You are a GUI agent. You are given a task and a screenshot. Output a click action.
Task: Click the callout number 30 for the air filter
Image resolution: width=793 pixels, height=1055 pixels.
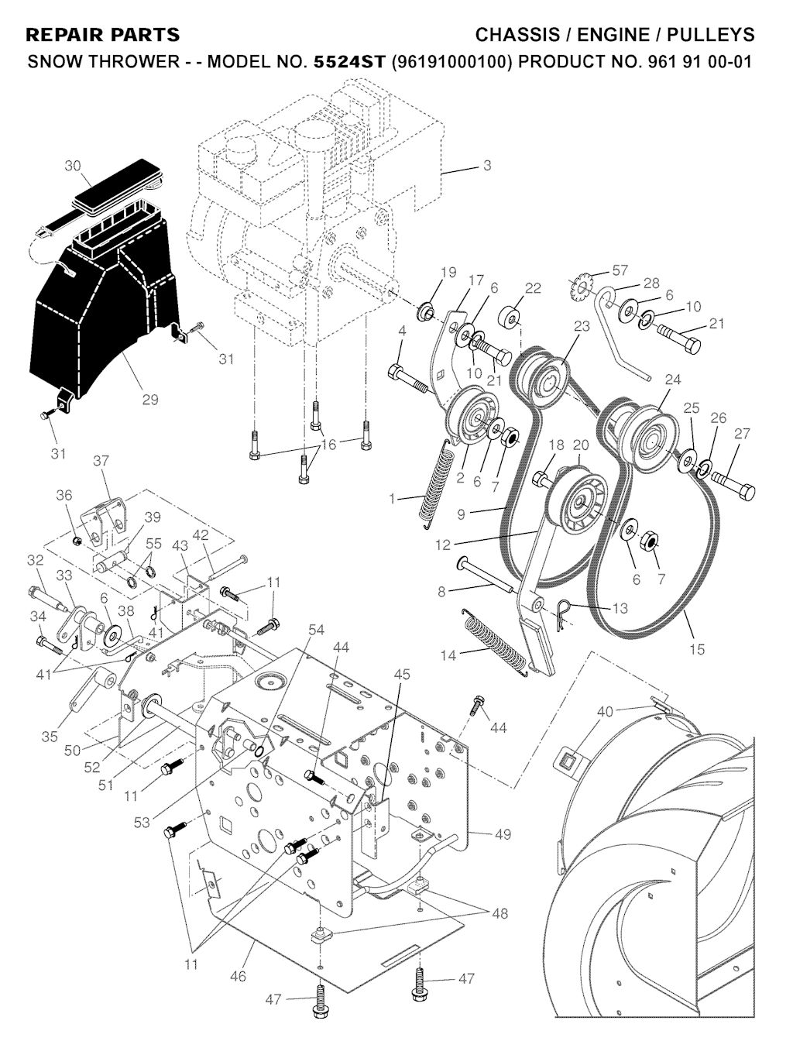(73, 166)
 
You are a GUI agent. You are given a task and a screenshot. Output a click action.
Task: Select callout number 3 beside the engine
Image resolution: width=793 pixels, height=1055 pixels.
(486, 165)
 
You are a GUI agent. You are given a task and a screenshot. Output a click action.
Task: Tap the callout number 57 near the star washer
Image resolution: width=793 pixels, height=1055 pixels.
(620, 270)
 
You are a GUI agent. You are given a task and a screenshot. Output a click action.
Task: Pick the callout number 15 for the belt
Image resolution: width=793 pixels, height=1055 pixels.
(697, 649)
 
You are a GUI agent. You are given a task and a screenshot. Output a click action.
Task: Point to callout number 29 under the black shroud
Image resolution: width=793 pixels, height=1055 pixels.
(149, 400)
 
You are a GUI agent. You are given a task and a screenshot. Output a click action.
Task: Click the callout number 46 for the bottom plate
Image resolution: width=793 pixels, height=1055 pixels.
(238, 976)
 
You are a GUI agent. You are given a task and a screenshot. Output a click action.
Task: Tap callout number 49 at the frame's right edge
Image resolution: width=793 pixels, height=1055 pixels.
(503, 834)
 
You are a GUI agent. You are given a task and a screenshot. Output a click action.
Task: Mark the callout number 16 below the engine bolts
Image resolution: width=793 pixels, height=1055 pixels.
(329, 445)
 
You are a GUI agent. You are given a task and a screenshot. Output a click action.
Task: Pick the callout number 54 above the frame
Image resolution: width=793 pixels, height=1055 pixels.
(316, 630)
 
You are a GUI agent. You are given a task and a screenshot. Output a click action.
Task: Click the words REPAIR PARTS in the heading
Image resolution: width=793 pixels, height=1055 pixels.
(102, 35)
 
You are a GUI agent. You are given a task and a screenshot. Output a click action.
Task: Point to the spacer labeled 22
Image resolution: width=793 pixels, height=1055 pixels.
(510, 318)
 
